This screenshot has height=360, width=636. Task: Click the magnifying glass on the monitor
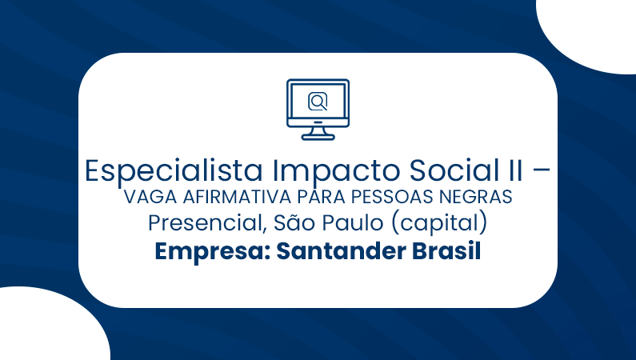coord(318,102)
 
